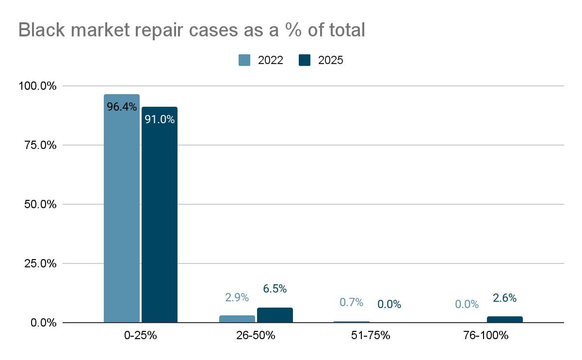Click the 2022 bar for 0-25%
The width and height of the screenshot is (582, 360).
tap(122, 209)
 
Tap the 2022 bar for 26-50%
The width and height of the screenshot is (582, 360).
tap(237, 319)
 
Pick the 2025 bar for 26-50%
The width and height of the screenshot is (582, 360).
tap(275, 315)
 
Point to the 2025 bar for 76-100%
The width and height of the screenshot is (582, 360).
tap(505, 319)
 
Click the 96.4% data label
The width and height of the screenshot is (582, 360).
tap(122, 107)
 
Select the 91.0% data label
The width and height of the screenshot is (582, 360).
tap(160, 119)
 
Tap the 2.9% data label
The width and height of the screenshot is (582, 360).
tap(237, 297)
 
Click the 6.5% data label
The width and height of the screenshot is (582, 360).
tap(275, 289)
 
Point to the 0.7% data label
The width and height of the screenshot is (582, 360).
tap(352, 302)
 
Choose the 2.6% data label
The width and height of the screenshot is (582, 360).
tap(505, 298)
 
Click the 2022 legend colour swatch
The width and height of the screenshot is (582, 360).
tap(244, 60)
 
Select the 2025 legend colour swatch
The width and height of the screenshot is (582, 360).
tap(305, 60)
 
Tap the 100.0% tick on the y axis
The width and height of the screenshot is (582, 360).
tap(38, 86)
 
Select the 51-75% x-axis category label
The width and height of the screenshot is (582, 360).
tap(371, 336)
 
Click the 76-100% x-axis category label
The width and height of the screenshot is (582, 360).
tap(486, 336)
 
